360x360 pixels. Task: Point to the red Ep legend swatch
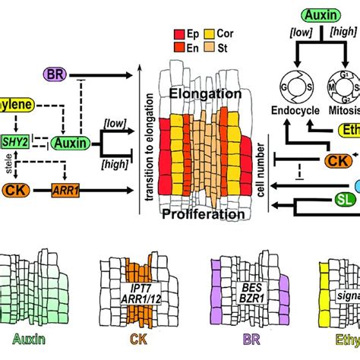[x=180, y=35]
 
